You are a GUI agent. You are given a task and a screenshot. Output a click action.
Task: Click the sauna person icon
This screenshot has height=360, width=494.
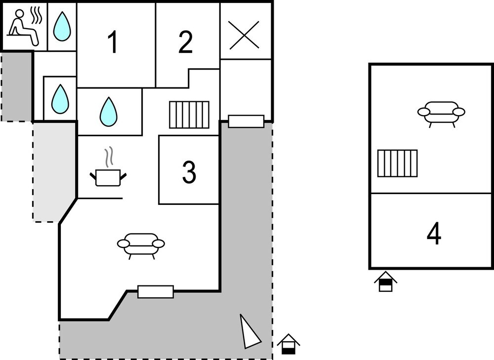coord(24,26)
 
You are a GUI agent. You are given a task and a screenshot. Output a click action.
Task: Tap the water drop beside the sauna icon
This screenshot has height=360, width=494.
coord(62,26)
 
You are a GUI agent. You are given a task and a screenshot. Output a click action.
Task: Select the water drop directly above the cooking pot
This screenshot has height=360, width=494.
coord(109,111)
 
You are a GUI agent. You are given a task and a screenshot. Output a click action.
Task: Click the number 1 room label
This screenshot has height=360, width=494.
coord(113,42)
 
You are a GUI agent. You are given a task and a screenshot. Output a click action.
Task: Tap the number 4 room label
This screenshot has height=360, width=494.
coord(434,234)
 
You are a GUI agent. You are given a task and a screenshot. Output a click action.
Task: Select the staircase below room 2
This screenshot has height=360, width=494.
coord(189,115)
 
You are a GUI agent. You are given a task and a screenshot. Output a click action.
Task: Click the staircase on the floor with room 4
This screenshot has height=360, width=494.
coord(398,163)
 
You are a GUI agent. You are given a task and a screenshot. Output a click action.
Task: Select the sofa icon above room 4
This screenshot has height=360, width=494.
coord(441,113)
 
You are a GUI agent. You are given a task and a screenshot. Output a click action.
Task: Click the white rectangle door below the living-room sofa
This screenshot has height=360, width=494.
coord(156,292)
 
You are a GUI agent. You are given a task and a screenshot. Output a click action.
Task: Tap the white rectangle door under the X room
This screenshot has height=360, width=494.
coord(246,121)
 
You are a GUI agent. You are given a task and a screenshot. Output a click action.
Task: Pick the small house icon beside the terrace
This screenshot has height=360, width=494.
coord(288,344)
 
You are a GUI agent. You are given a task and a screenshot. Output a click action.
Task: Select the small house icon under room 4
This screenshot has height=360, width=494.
coord(386,281)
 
